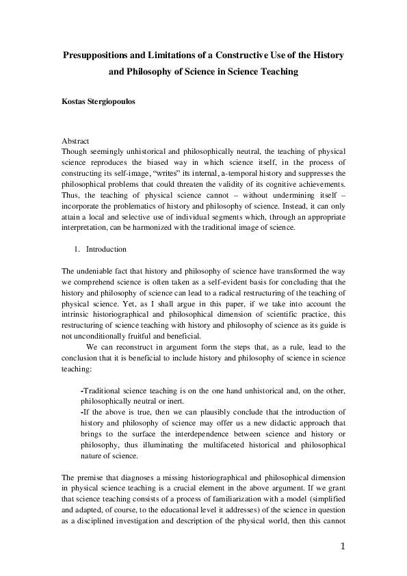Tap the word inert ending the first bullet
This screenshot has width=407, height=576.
tap(168, 401)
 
